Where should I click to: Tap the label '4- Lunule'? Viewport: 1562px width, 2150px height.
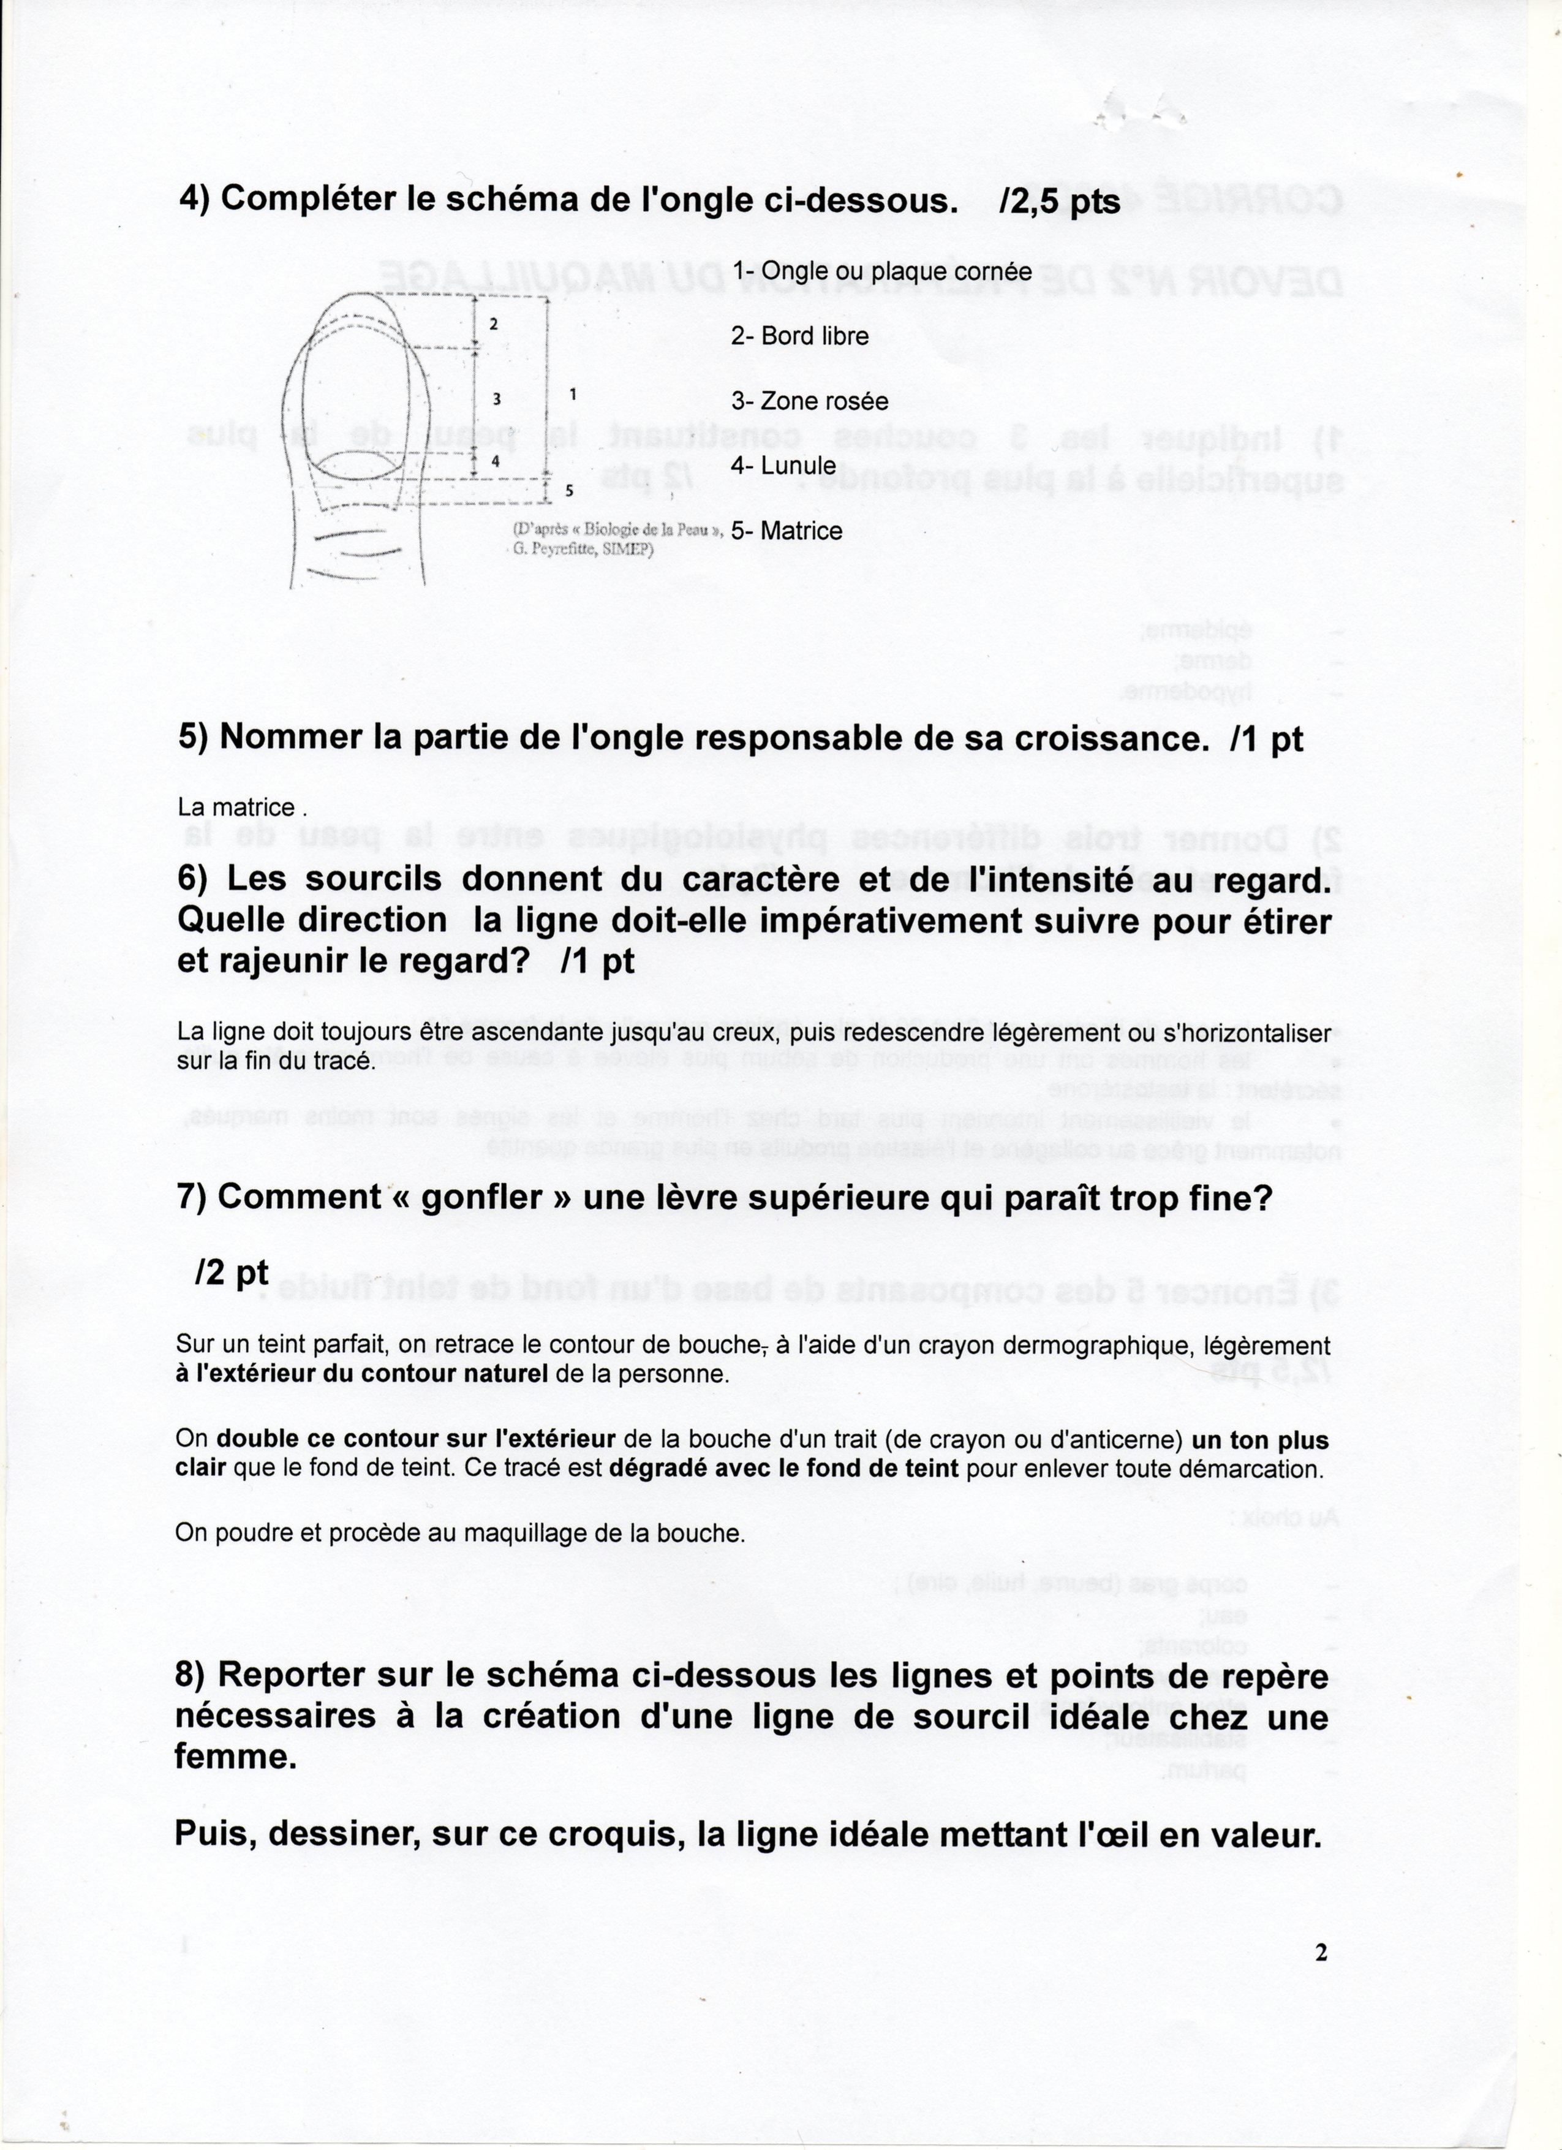pyautogui.click(x=783, y=466)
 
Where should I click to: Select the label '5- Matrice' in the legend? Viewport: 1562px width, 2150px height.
pyautogui.click(x=786, y=531)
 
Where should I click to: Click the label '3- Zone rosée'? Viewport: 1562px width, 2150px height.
pyautogui.click(x=809, y=401)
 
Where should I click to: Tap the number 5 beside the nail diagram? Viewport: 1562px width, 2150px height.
pyautogui.click(x=568, y=491)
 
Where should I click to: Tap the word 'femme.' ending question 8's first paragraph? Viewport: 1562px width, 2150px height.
pyautogui.click(x=235, y=1758)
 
